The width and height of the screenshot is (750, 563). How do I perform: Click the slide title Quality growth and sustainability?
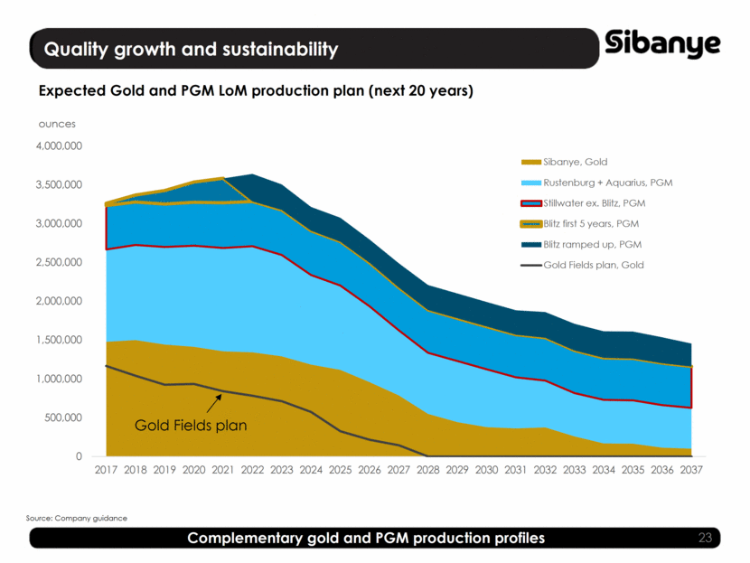192,49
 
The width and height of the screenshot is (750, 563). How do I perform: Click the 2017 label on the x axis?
106,470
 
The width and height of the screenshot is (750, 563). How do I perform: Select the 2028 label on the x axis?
428,470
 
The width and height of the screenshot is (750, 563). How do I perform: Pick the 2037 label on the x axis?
691,470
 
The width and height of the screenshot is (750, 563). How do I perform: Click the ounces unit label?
56,124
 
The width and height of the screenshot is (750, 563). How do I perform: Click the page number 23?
706,539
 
